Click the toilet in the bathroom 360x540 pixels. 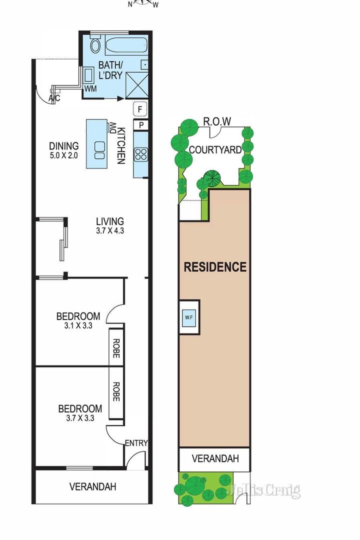point(94,46)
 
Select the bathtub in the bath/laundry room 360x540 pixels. point(126,46)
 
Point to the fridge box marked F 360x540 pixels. point(140,108)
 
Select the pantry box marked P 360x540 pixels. point(140,125)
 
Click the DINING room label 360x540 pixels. point(63,146)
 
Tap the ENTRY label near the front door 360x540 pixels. point(136,443)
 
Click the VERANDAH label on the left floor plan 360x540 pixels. point(92,486)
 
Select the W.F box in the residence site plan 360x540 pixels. point(189,316)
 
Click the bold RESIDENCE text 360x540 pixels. point(215,267)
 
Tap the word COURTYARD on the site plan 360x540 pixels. point(215,149)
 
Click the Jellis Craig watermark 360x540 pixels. point(263,490)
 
